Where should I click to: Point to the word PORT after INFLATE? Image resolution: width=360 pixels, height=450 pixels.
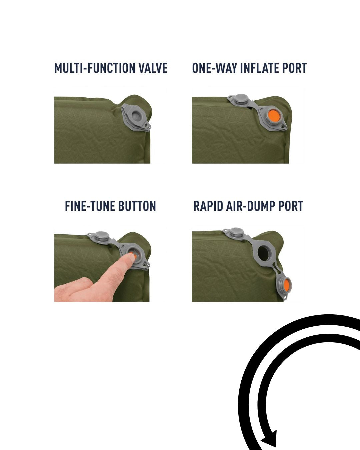pos(295,68)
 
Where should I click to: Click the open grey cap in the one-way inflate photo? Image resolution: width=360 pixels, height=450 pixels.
pos(241,99)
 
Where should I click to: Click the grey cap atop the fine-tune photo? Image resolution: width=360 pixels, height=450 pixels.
pos(101,237)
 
